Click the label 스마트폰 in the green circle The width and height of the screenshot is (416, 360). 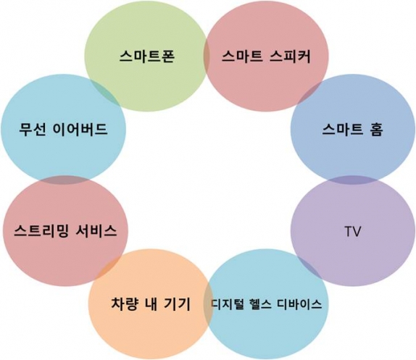pos(147,56)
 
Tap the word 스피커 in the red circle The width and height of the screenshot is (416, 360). pos(290,56)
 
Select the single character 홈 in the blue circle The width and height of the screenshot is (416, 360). pos(375,130)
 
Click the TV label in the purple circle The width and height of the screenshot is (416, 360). pos(353,231)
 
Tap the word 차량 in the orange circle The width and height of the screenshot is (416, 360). pos(125,304)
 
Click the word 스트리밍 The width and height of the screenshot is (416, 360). pos(41,231)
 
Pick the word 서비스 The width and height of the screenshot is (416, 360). pos(96,231)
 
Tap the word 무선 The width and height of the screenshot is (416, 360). pos(33,130)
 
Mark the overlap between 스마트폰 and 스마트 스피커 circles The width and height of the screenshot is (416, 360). pos(207,56)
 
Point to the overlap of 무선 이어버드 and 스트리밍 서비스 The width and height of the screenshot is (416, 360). pos(64,180)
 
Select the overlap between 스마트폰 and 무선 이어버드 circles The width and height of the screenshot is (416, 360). pos(105,92)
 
